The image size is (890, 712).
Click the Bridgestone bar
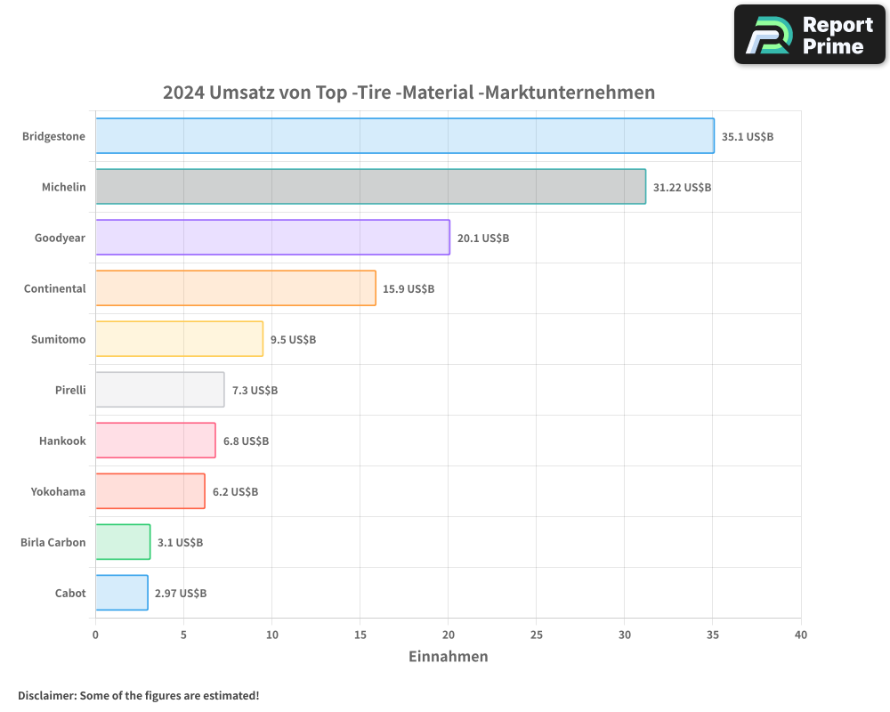404,136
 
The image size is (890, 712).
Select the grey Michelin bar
370,187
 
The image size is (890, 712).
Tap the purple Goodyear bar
272,238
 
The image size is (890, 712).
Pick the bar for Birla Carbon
123,542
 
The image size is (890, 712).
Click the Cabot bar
122,593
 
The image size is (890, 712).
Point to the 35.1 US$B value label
748,137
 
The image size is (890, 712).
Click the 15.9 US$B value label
409,289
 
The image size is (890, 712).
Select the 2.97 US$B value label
181,594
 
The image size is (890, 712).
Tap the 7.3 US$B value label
255,391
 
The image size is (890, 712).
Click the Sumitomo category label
59,339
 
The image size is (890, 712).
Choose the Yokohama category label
58,491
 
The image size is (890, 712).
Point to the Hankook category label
62,441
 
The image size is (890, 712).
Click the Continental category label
55,288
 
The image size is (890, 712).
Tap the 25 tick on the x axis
537,635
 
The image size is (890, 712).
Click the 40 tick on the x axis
801,635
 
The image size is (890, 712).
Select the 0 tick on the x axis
95,635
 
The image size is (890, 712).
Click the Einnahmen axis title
449,657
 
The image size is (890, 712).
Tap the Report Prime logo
810,35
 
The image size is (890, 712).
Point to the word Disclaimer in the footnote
46,695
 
